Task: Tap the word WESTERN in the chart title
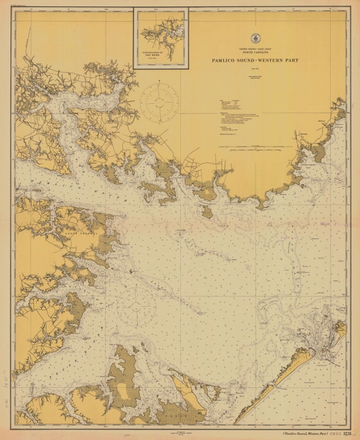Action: pos(275,61)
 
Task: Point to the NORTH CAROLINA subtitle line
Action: pos(256,52)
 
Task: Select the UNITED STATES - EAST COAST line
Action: pos(256,48)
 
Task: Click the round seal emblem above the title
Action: pos(256,38)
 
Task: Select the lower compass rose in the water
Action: pos(136,306)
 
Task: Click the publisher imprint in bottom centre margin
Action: pos(179,431)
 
